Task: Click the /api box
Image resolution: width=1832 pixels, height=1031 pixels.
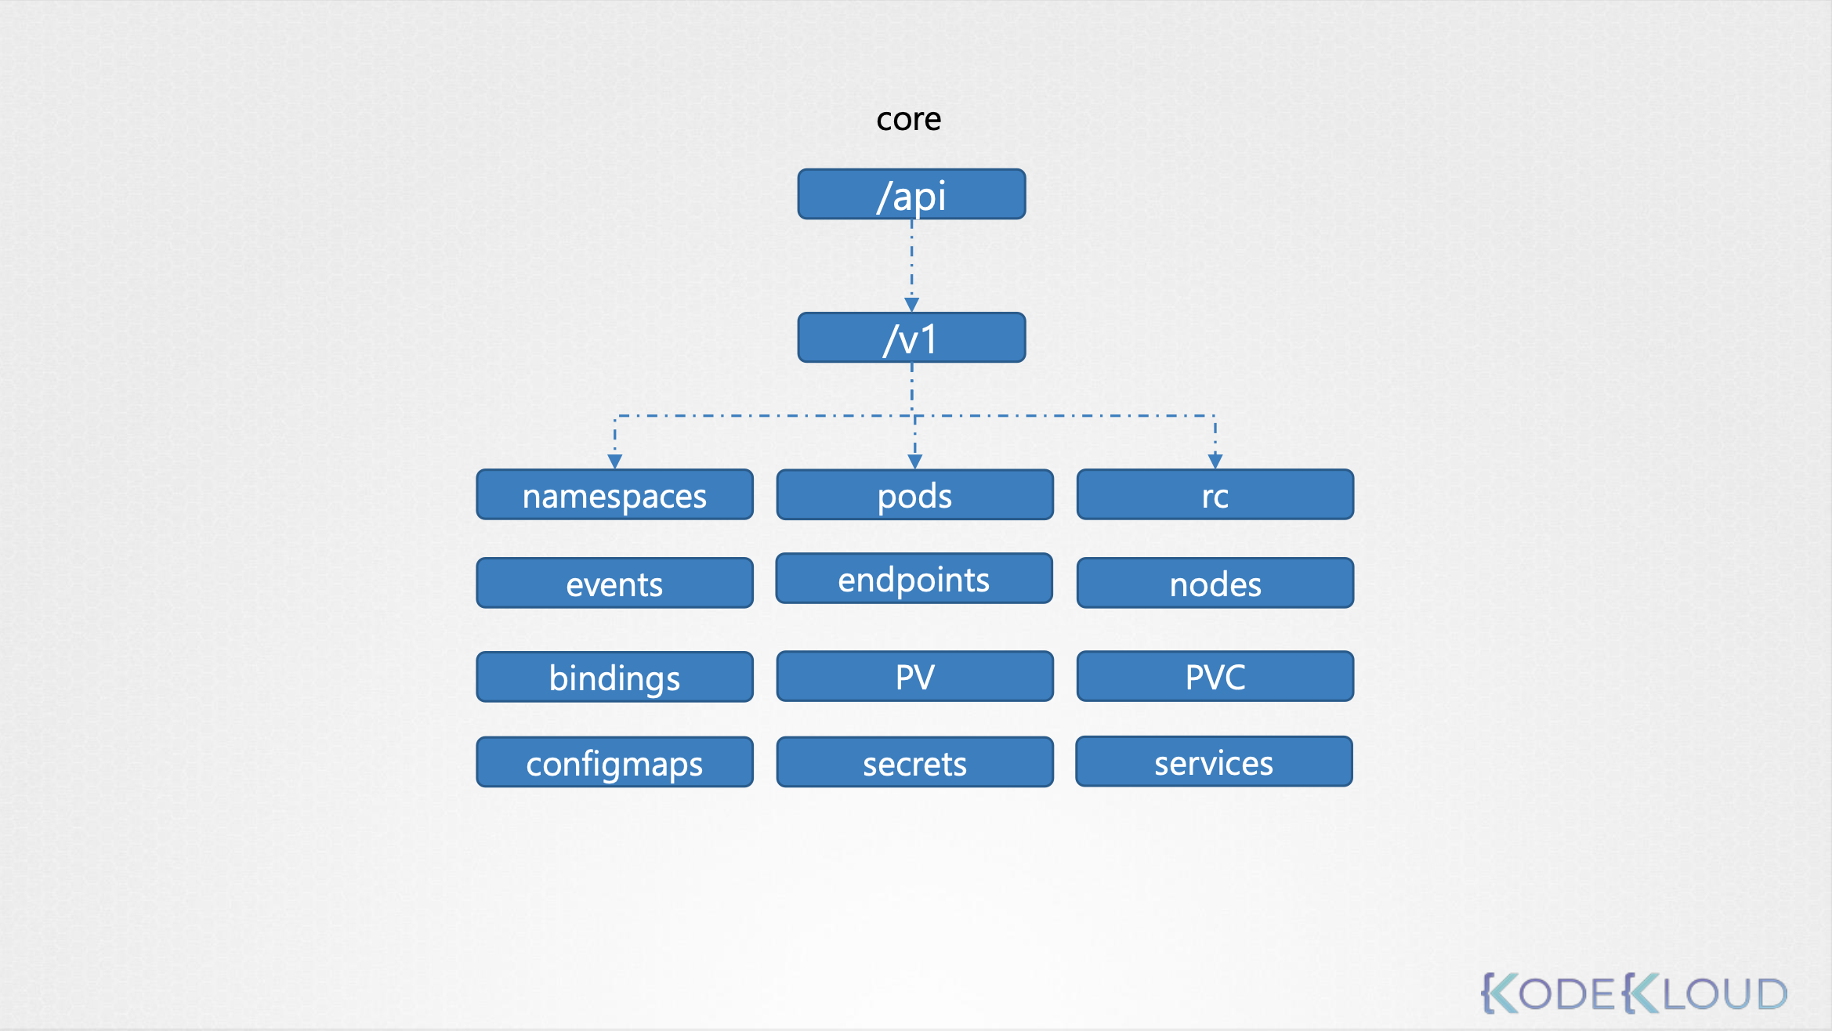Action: (911, 194)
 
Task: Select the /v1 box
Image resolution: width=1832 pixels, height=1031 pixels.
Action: (911, 338)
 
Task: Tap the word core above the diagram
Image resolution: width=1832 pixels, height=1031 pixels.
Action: (908, 119)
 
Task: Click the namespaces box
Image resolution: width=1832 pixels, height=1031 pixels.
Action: (614, 495)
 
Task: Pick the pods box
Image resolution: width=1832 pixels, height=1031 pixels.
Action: (914, 495)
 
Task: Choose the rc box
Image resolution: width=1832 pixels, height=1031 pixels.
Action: (1215, 495)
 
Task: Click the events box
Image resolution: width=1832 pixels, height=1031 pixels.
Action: (614, 583)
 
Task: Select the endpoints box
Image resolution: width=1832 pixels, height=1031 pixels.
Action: (914, 579)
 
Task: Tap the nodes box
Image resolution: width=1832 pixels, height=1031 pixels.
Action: (1215, 583)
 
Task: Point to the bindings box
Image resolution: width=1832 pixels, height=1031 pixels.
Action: (614, 677)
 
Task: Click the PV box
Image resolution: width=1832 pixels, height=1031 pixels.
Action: (914, 676)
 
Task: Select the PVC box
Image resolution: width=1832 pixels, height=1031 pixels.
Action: (1215, 676)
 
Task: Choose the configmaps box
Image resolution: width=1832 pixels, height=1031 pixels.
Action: (614, 762)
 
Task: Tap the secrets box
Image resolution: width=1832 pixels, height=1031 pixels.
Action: (914, 762)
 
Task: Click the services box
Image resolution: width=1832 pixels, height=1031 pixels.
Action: (1214, 761)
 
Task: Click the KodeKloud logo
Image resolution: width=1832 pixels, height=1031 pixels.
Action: (1634, 993)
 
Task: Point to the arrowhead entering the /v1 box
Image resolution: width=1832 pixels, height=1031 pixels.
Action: (911, 305)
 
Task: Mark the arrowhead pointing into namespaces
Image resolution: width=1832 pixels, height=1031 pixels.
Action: (615, 461)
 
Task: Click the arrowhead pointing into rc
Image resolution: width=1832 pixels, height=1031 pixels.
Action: (1215, 461)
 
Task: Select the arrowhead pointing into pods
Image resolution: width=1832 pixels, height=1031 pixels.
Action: (914, 461)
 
